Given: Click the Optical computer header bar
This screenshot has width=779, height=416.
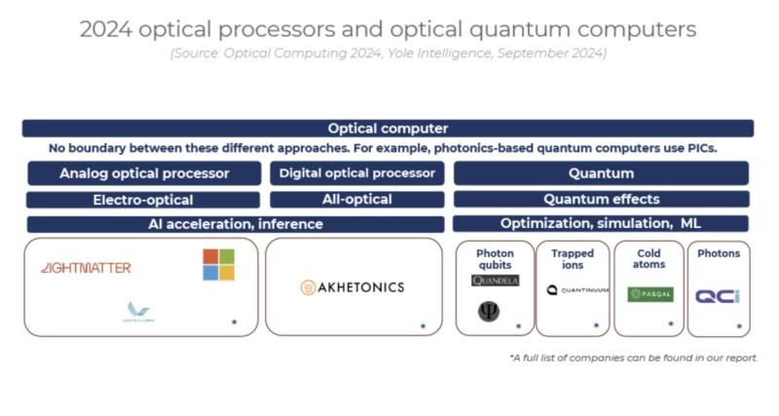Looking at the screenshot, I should tap(388, 129).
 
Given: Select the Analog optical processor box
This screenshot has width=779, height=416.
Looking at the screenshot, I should tap(144, 173).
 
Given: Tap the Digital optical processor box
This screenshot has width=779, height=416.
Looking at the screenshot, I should tap(356, 173).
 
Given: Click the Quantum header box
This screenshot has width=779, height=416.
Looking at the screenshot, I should tap(601, 173).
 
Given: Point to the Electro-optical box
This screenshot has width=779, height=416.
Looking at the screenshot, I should tap(143, 200).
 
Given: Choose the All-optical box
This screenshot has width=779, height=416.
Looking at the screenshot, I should tap(356, 200).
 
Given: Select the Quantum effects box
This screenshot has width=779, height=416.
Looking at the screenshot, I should tap(601, 200).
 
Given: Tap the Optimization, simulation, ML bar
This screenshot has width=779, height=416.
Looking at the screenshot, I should tap(601, 224).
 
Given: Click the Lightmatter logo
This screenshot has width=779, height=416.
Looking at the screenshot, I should tap(86, 268).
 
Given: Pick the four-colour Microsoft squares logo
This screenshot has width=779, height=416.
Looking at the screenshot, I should tap(218, 264).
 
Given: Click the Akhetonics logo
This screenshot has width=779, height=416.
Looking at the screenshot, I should tap(352, 287).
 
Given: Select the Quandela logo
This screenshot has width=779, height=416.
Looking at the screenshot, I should tap(495, 281).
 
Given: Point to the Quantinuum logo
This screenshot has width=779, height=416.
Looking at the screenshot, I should tap(577, 289).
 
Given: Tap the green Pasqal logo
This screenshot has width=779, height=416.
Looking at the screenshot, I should tap(650, 293).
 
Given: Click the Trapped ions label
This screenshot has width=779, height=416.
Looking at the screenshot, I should tap(574, 259).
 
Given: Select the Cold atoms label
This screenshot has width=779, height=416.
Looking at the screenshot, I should tap(649, 259).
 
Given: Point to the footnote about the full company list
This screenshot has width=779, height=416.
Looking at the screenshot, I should tap(634, 359).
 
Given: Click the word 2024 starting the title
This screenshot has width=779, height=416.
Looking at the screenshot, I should tap(109, 29).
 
